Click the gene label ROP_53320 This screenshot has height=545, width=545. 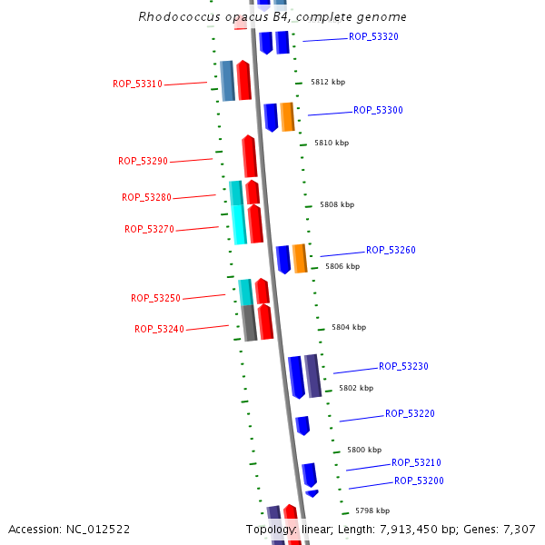pyautogui.click(x=373, y=37)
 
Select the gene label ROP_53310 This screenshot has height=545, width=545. pyautogui.click(x=137, y=84)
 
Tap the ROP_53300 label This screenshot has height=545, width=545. pyautogui.click(x=378, y=111)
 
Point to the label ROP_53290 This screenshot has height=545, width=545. pyautogui.click(x=143, y=162)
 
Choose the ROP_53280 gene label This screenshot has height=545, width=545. pyautogui.click(x=146, y=198)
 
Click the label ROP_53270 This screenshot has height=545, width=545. pyautogui.click(x=149, y=230)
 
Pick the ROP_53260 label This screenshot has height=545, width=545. pyautogui.click(x=391, y=251)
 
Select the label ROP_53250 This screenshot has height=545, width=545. pyautogui.click(x=155, y=299)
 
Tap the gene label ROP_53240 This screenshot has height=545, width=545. pyautogui.click(x=159, y=330)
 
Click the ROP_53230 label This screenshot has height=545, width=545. pyautogui.click(x=403, y=367)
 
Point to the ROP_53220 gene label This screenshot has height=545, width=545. pyautogui.click(x=410, y=414)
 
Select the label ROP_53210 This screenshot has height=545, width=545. pyautogui.click(x=416, y=463)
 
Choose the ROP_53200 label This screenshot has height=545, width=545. pyautogui.click(x=419, y=481)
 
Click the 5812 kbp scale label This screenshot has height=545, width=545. pyautogui.click(x=328, y=82)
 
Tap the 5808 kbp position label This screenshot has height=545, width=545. pyautogui.click(x=336, y=205)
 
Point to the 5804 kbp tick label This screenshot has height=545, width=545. pyautogui.click(x=348, y=327)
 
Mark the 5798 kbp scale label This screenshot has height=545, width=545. pyautogui.click(x=372, y=510)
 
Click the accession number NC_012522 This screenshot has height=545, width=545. pyautogui.click(x=69, y=530)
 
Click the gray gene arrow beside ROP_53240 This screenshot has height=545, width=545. pyautogui.click(x=249, y=322)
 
